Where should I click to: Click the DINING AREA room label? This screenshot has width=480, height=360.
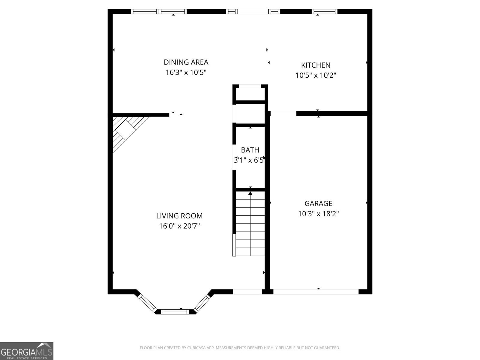pyautogui.click(x=186, y=62)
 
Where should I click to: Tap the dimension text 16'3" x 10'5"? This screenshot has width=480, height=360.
pyautogui.click(x=186, y=72)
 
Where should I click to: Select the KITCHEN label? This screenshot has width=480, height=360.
pyautogui.click(x=316, y=65)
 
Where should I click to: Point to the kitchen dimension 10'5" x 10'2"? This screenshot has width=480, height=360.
pyautogui.click(x=316, y=75)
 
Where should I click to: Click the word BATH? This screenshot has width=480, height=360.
pyautogui.click(x=250, y=150)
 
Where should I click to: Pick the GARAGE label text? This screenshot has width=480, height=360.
pyautogui.click(x=318, y=203)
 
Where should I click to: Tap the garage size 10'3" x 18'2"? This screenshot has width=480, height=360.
pyautogui.click(x=318, y=214)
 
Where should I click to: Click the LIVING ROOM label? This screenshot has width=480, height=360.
pyautogui.click(x=179, y=216)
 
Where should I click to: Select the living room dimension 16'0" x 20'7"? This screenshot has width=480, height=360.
pyautogui.click(x=179, y=226)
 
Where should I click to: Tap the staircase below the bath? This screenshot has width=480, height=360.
pyautogui.click(x=250, y=223)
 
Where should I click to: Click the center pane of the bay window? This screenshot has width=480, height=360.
pyautogui.click(x=175, y=312)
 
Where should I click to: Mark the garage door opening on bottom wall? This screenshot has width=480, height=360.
pyautogui.click(x=316, y=292)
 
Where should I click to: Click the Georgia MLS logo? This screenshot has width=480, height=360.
pyautogui.click(x=26, y=351)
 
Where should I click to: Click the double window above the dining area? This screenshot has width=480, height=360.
pyautogui.click(x=159, y=12)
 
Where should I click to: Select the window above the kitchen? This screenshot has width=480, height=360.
pyautogui.click(x=324, y=12)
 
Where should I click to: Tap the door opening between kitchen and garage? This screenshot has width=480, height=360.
pyautogui.click(x=283, y=113)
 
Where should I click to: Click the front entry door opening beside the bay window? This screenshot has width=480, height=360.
pyautogui.click(x=247, y=292)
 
